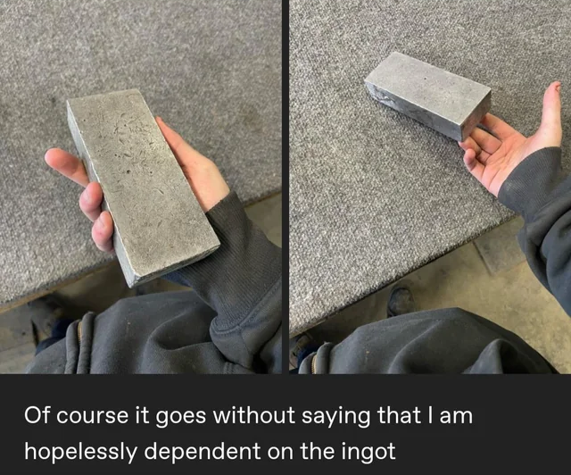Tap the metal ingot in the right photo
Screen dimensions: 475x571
(428, 94)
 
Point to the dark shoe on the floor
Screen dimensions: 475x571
(401, 300)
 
